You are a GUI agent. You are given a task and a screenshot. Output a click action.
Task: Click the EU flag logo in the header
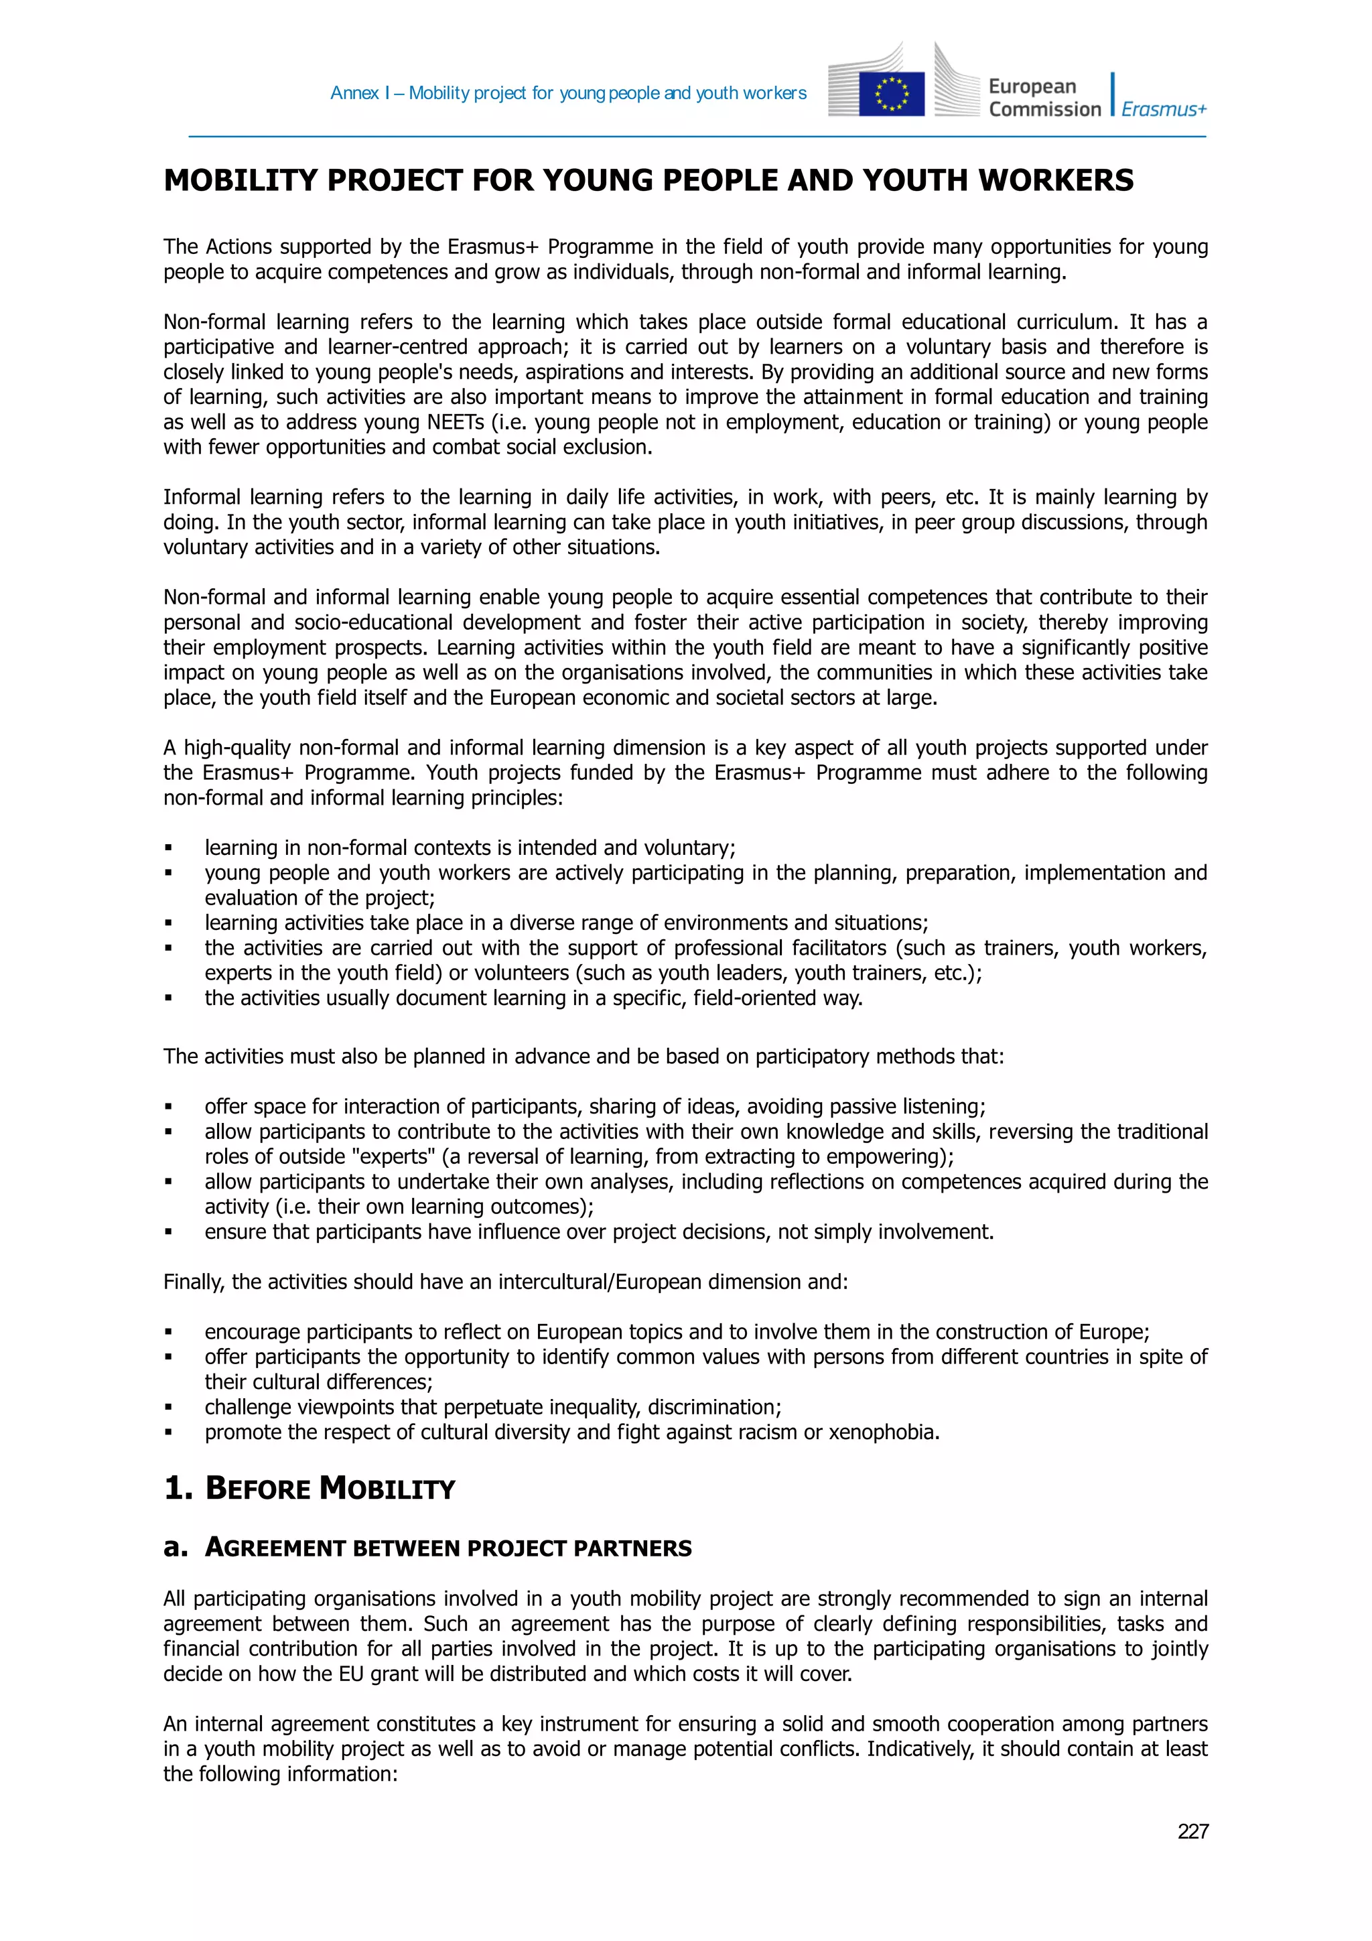[x=891, y=94]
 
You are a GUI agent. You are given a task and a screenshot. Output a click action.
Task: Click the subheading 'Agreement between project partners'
[x=448, y=1548]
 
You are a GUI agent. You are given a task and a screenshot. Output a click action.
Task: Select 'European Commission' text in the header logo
[x=1044, y=98]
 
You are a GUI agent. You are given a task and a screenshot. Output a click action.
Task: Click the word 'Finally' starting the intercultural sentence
[x=194, y=1282]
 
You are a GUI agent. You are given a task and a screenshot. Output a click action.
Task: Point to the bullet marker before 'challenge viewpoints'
[x=168, y=1408]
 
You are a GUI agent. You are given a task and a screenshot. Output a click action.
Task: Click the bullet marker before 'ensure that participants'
[x=168, y=1233]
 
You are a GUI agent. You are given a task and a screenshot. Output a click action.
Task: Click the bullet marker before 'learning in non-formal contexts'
[x=168, y=848]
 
